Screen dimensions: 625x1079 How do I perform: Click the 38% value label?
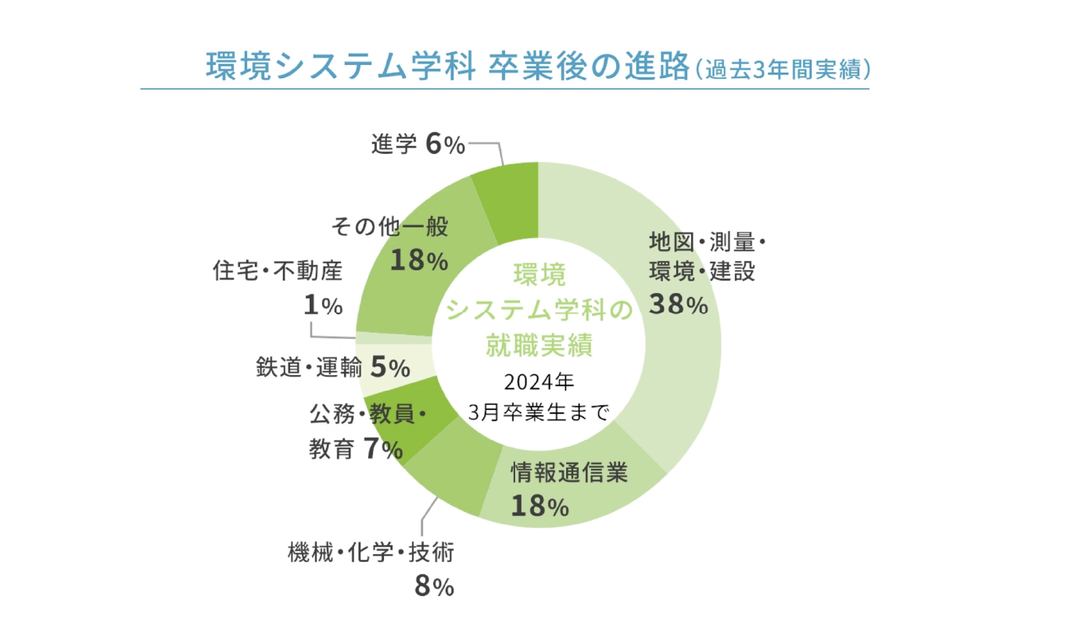click(x=678, y=305)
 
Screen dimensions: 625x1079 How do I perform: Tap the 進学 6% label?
click(x=419, y=144)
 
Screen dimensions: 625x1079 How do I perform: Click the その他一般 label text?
click(x=390, y=227)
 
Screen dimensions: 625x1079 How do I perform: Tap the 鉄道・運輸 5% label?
click(x=333, y=367)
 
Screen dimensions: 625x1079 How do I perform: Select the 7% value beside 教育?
click(x=383, y=449)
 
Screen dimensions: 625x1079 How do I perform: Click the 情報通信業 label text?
click(x=569, y=473)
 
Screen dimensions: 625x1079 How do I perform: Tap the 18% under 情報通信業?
click(x=539, y=506)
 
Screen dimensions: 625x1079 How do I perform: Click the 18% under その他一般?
click(x=419, y=260)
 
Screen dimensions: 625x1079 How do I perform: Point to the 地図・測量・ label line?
click(x=707, y=241)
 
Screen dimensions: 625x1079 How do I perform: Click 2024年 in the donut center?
click(x=539, y=383)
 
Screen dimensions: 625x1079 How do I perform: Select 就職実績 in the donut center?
click(x=539, y=345)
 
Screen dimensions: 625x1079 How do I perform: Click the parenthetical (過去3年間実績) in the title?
click(x=782, y=69)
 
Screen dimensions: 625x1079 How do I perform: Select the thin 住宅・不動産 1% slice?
click(x=394, y=337)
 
